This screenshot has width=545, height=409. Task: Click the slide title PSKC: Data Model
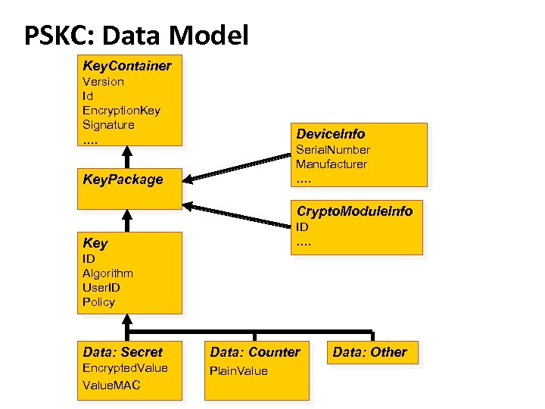click(136, 34)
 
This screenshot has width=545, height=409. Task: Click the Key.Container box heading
click(126, 66)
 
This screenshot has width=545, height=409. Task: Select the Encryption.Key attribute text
click(121, 110)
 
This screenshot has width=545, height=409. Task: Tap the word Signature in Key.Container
click(108, 124)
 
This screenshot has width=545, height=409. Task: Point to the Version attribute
click(103, 81)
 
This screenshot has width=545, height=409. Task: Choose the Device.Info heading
click(330, 134)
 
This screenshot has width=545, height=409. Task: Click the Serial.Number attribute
click(332, 150)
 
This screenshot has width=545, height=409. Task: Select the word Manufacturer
click(332, 164)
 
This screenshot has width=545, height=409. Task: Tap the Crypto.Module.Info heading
click(354, 211)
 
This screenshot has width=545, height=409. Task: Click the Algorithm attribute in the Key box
click(107, 273)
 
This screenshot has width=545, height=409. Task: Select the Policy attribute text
click(98, 302)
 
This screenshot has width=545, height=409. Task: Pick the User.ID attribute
click(101, 288)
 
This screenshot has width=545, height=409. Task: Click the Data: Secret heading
click(122, 351)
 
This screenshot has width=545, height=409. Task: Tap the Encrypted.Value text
click(125, 368)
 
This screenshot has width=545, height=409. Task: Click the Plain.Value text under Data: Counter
click(238, 371)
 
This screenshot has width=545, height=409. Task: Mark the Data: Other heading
click(369, 351)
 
